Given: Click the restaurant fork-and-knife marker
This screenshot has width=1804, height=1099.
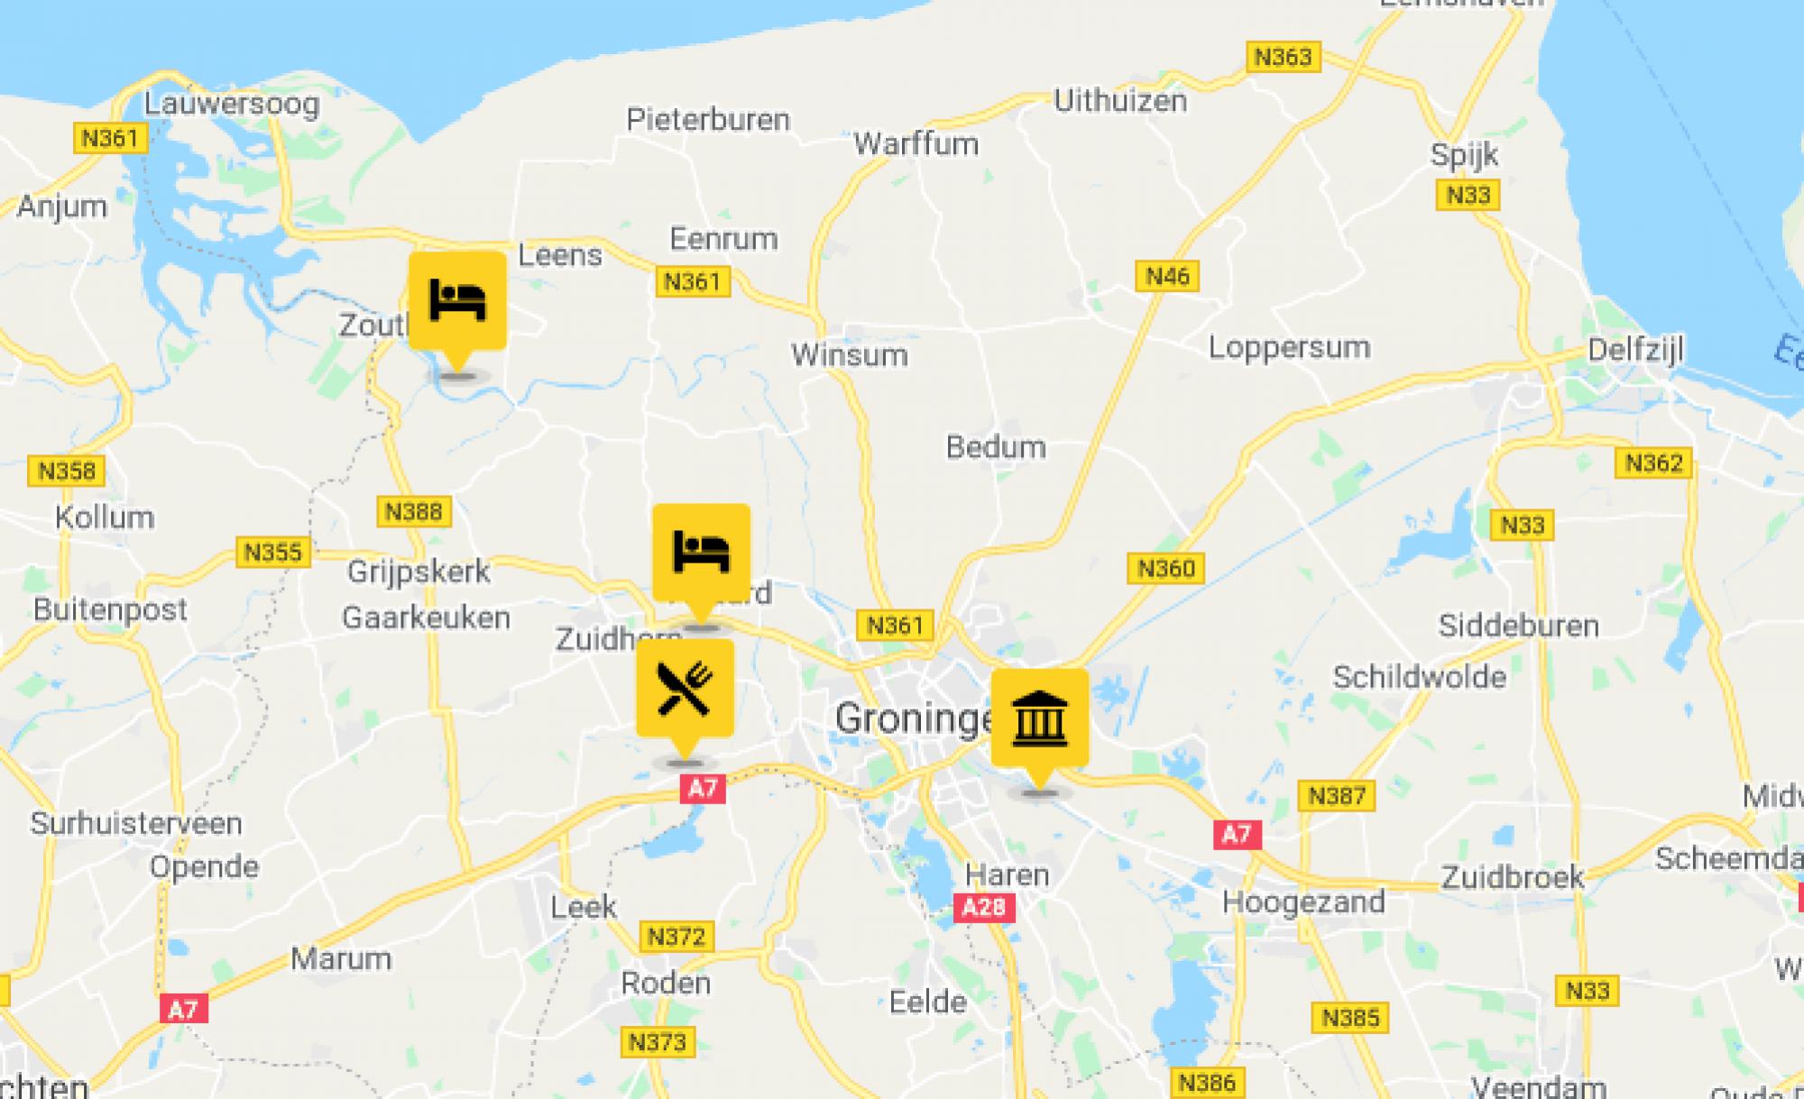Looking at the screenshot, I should click(x=685, y=689).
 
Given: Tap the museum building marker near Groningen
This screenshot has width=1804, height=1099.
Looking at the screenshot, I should click(x=1039, y=719).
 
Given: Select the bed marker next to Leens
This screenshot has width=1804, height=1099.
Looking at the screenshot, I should click(x=457, y=300).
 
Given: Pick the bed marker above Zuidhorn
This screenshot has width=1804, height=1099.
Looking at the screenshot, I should click(x=701, y=552).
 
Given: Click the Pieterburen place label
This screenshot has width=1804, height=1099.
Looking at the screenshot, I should click(x=708, y=119).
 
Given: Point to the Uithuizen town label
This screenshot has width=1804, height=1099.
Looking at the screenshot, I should click(x=1120, y=100).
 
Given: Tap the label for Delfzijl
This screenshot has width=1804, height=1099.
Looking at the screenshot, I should click(x=1634, y=349).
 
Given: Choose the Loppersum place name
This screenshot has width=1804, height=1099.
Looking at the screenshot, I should click(x=1289, y=347).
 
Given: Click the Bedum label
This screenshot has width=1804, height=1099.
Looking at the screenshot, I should click(x=996, y=446).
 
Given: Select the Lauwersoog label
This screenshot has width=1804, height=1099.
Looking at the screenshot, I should click(x=232, y=104).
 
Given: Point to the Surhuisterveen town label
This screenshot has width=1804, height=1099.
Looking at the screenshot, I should click(x=136, y=823).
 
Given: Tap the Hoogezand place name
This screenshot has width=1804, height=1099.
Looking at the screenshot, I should click(x=1303, y=902).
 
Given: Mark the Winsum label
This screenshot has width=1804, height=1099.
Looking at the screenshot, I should click(x=850, y=354).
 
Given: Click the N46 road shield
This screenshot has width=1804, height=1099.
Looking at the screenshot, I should click(x=1167, y=276).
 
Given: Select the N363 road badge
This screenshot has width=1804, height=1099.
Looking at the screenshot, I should click(x=1283, y=57).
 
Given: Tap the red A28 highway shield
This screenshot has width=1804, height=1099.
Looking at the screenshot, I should click(x=983, y=906).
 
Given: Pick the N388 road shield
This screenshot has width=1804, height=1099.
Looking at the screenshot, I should click(x=413, y=511).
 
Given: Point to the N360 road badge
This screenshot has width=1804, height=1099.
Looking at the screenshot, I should click(x=1165, y=568).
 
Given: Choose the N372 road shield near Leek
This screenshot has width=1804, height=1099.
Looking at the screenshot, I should click(x=676, y=936).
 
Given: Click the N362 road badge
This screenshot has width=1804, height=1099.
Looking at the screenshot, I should click(x=1653, y=462).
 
